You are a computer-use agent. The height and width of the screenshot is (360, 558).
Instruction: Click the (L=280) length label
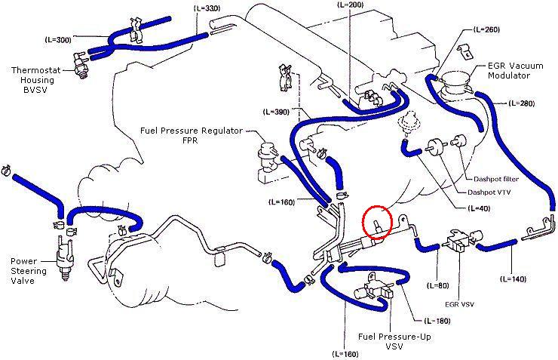point(522,102)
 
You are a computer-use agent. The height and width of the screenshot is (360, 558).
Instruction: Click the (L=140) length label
point(517,278)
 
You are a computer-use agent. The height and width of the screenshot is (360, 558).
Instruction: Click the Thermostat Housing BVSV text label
point(41,78)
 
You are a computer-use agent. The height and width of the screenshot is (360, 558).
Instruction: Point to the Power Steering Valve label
point(28,271)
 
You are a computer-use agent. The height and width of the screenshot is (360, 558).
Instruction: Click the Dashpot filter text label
point(495,179)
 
